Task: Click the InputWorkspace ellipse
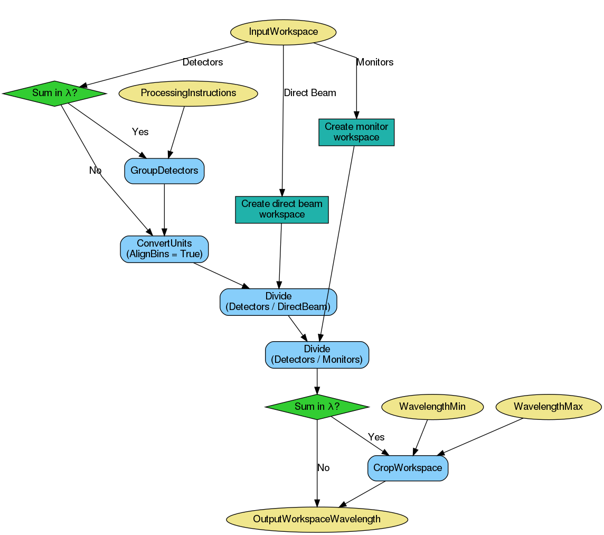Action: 284,32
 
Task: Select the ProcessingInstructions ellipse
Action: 188,93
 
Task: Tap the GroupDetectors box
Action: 164,171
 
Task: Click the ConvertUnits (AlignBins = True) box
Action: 164,249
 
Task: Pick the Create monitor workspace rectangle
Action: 356,132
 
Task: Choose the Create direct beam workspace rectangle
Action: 281,209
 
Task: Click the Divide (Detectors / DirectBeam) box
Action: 278,302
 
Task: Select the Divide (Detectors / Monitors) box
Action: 317,354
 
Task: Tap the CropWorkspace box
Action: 408,468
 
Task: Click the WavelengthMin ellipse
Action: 432,407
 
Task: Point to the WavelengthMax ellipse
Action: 548,407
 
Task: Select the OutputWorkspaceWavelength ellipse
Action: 317,519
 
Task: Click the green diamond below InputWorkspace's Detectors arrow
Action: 54,93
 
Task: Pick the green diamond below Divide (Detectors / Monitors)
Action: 317,407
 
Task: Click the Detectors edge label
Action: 203,62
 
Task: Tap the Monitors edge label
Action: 375,62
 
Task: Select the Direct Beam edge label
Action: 310,93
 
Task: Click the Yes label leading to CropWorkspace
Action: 376,437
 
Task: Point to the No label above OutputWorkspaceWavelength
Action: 323,468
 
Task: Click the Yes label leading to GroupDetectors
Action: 140,132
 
